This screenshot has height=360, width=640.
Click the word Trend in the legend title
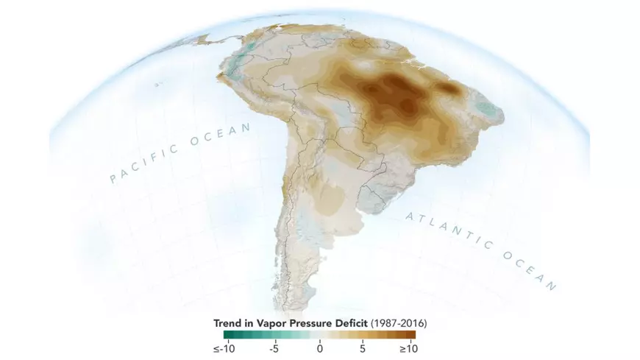[x=230, y=322]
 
